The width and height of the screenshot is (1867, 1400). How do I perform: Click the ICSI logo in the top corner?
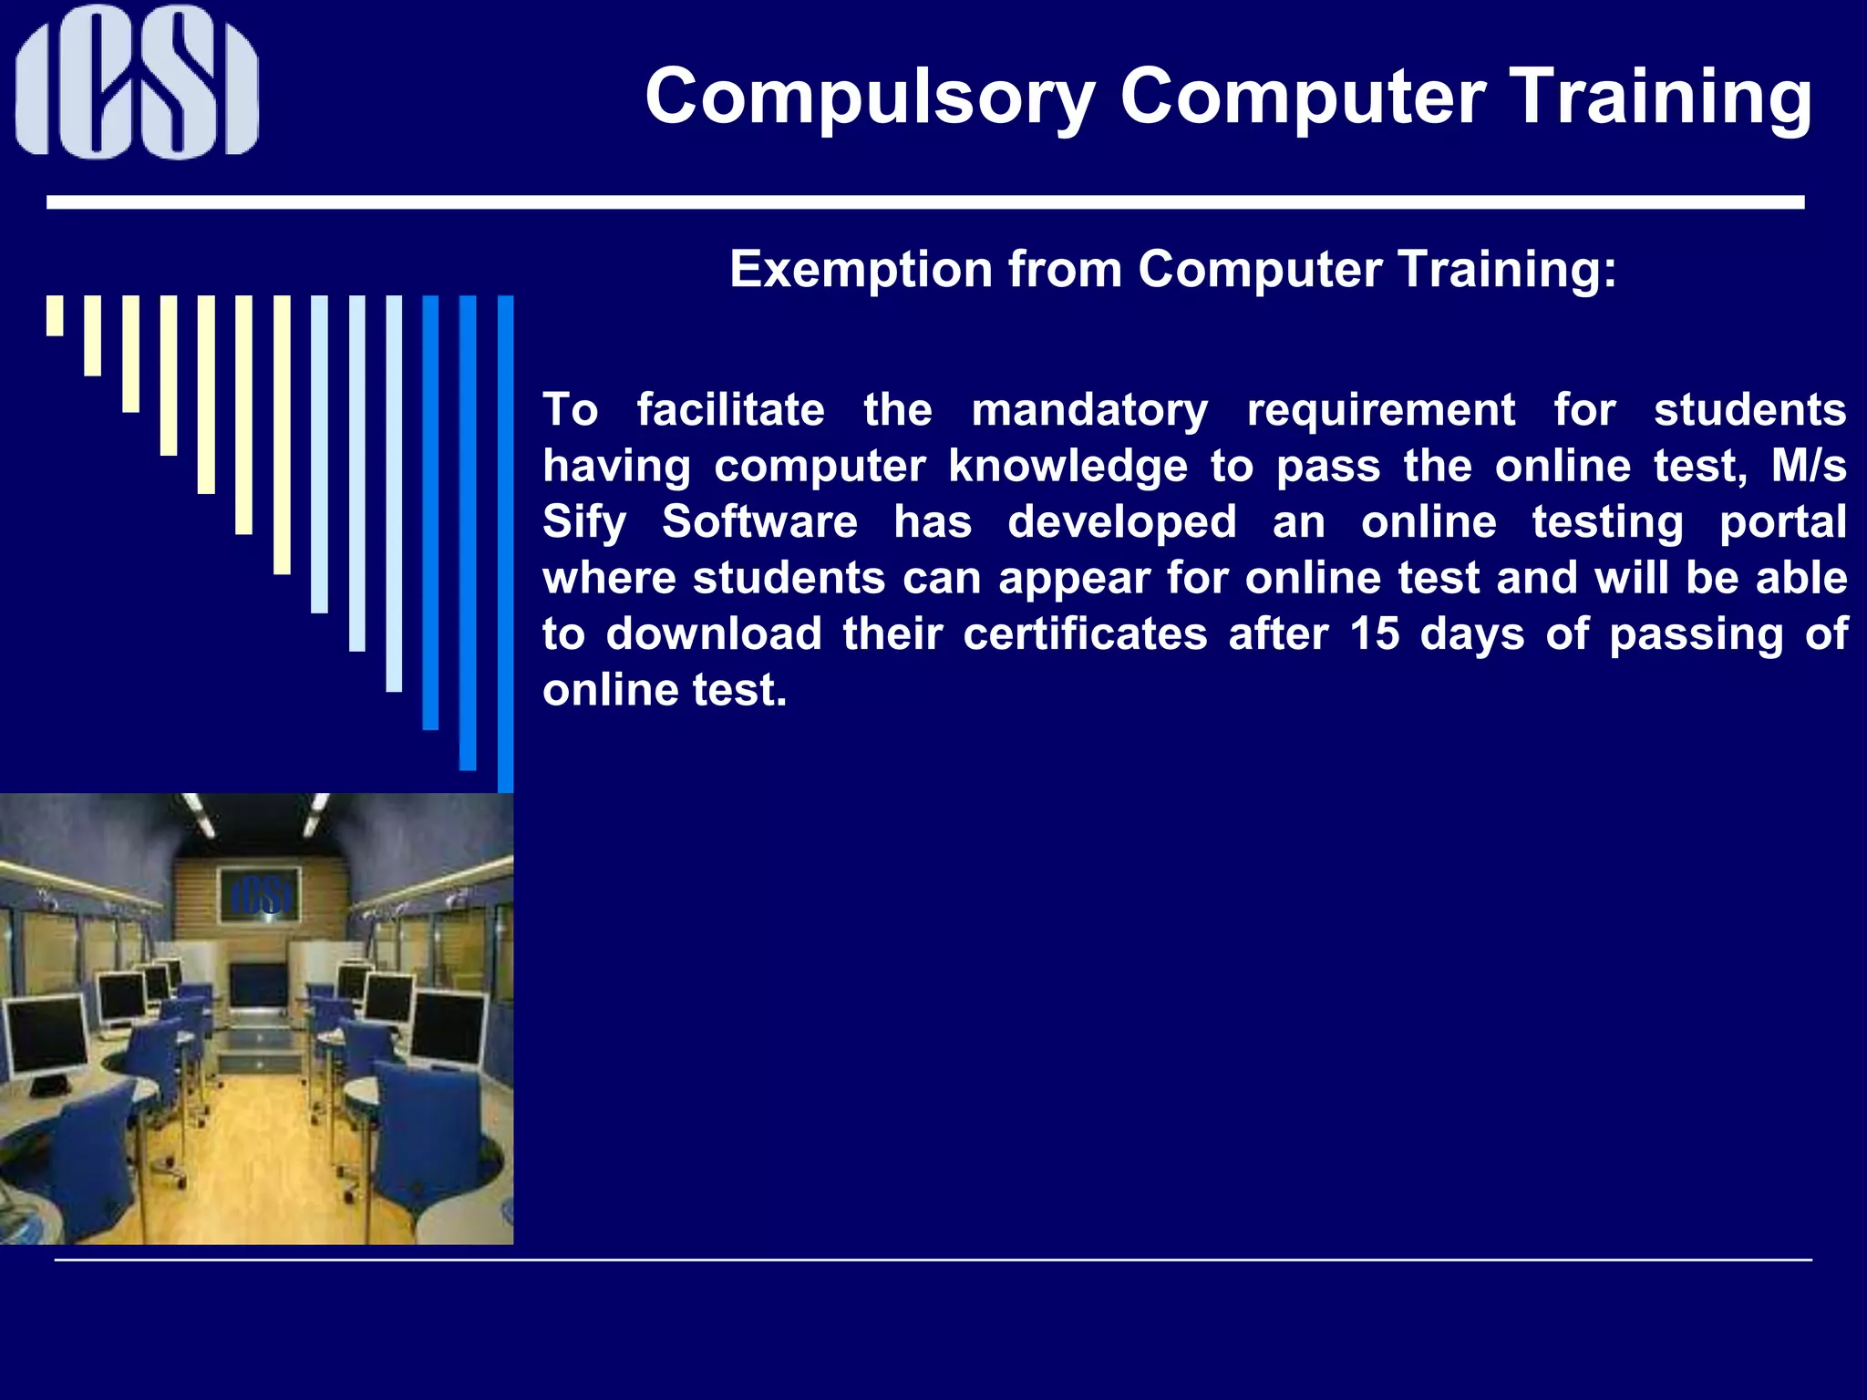click(x=137, y=82)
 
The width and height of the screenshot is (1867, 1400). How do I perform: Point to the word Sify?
click(x=584, y=523)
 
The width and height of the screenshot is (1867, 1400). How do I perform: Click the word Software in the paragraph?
click(x=759, y=522)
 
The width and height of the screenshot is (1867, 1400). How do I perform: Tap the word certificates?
click(x=1085, y=634)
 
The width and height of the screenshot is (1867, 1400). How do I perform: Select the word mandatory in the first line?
click(x=1089, y=410)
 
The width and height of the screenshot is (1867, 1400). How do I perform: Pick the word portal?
click(x=1782, y=523)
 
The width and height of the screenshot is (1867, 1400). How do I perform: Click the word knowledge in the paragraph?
click(x=1068, y=467)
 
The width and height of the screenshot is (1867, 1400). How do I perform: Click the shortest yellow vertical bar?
click(x=55, y=315)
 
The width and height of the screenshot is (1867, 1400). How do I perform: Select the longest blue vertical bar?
click(x=505, y=543)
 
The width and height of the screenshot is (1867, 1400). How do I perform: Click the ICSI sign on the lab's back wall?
click(x=261, y=896)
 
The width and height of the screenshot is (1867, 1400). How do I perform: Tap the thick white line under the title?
click(x=925, y=202)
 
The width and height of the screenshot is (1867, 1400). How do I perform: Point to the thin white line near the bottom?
click(x=933, y=1260)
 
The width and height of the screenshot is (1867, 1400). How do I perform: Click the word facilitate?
click(x=730, y=410)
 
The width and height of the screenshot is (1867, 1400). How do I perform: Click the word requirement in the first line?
click(x=1380, y=410)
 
